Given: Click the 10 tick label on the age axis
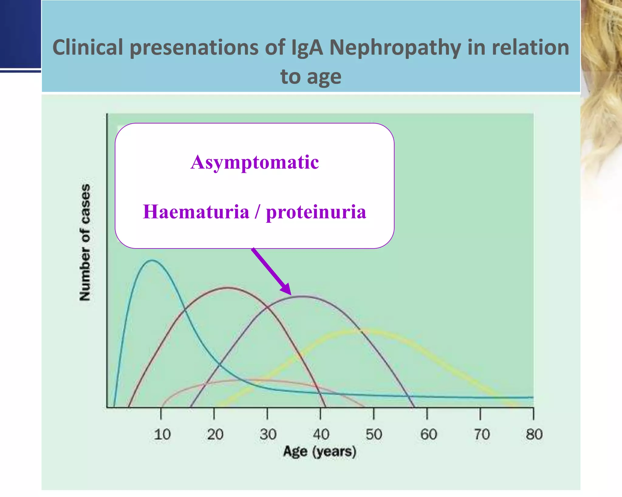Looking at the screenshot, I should click(x=162, y=434).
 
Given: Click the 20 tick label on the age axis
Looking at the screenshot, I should click(x=215, y=434).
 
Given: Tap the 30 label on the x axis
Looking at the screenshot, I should click(x=268, y=434).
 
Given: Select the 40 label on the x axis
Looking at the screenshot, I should click(x=321, y=434).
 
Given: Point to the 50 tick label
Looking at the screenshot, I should click(x=374, y=434).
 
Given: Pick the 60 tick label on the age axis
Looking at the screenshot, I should click(x=428, y=434).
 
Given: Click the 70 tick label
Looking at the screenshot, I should click(x=482, y=434).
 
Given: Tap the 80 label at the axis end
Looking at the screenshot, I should click(x=534, y=434).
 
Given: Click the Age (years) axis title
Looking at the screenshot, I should click(x=320, y=452).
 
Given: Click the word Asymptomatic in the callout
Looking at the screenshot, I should click(x=255, y=162).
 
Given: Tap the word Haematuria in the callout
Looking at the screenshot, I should click(x=196, y=212).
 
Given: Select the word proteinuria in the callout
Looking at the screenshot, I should click(x=316, y=212).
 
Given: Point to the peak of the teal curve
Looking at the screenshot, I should click(x=152, y=260).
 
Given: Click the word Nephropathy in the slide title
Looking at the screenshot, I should click(x=395, y=48).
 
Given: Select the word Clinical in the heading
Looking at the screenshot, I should click(x=88, y=48).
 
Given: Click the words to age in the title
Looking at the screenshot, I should click(x=311, y=76).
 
